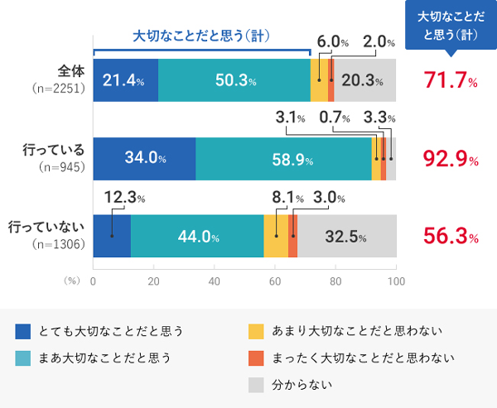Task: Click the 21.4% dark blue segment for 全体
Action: (x=125, y=81)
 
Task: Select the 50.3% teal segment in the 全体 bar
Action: (x=234, y=81)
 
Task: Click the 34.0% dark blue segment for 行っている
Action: (x=144, y=158)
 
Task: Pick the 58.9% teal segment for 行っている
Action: (x=283, y=158)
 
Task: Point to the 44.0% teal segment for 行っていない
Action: (x=197, y=236)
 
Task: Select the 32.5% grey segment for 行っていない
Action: (x=347, y=236)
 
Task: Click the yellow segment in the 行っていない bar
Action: (x=276, y=236)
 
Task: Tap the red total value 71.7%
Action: (x=451, y=81)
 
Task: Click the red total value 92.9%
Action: (x=451, y=158)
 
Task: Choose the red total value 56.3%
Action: (x=451, y=236)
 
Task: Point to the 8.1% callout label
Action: (x=287, y=198)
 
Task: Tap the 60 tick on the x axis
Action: (x=275, y=281)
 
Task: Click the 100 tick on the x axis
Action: (x=396, y=281)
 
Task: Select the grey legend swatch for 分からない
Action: (x=257, y=385)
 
